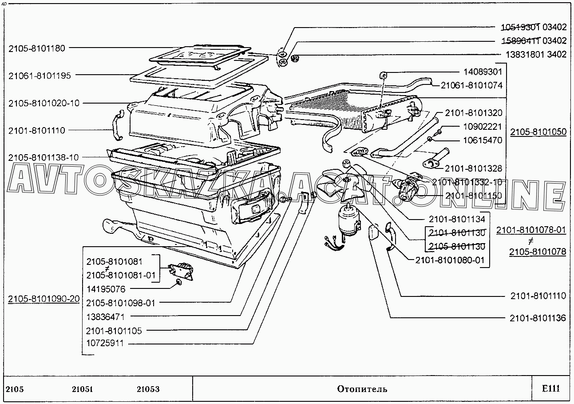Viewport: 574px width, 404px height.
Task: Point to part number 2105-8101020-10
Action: point(44,103)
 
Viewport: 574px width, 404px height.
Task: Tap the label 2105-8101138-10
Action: point(44,158)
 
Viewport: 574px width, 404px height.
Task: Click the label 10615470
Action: point(483,140)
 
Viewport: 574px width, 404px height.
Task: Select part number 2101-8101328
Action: point(473,168)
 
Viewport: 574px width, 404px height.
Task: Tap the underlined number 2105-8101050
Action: point(538,132)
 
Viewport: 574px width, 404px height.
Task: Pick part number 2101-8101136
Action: point(538,318)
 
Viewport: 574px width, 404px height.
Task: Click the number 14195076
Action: point(106,289)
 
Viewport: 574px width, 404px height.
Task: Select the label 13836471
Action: point(106,317)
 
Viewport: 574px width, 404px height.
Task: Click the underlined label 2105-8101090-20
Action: point(44,299)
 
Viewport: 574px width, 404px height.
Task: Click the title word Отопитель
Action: point(362,389)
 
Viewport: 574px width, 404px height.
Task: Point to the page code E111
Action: point(550,389)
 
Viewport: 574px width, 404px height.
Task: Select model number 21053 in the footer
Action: point(148,389)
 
